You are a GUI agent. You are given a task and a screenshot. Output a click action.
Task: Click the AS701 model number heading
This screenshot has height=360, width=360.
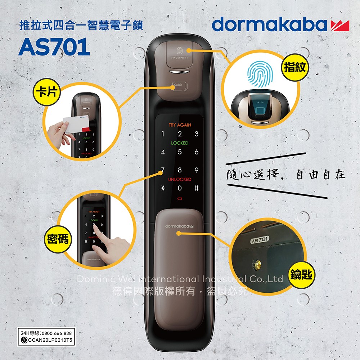[x=54, y=47]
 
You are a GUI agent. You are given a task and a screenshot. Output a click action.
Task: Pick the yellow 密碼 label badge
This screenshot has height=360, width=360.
[x=57, y=238]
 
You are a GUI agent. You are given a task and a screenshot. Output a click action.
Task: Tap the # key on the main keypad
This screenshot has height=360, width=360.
[x=196, y=188]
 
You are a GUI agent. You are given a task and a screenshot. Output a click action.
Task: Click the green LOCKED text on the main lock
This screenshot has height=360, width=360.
[x=180, y=143]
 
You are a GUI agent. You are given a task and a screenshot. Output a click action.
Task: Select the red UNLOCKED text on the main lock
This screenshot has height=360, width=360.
[x=180, y=179]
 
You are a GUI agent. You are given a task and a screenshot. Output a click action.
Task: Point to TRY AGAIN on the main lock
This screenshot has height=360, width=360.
[x=180, y=125]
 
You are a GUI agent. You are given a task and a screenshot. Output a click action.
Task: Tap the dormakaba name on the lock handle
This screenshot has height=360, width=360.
[x=179, y=226]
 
